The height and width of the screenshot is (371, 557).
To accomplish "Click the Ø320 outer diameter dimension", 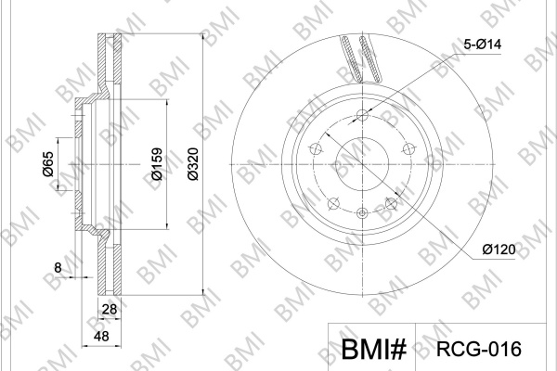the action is point(193,164).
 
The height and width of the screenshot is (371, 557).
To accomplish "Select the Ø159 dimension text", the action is point(157,164).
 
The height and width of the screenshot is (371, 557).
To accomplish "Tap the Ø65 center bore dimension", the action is point(47,164).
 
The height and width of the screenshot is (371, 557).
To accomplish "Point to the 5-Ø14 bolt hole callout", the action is point(483,45).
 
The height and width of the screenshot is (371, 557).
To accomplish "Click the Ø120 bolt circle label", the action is point(499,249).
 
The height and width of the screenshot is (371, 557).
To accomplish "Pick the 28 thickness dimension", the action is point(109,309).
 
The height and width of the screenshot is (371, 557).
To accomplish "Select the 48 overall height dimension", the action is point(101,336).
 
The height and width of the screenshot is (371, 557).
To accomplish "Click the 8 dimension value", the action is point(58,268).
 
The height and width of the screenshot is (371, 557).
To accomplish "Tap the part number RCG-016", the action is point(478,349).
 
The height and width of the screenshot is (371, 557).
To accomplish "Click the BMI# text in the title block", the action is point(373,349).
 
